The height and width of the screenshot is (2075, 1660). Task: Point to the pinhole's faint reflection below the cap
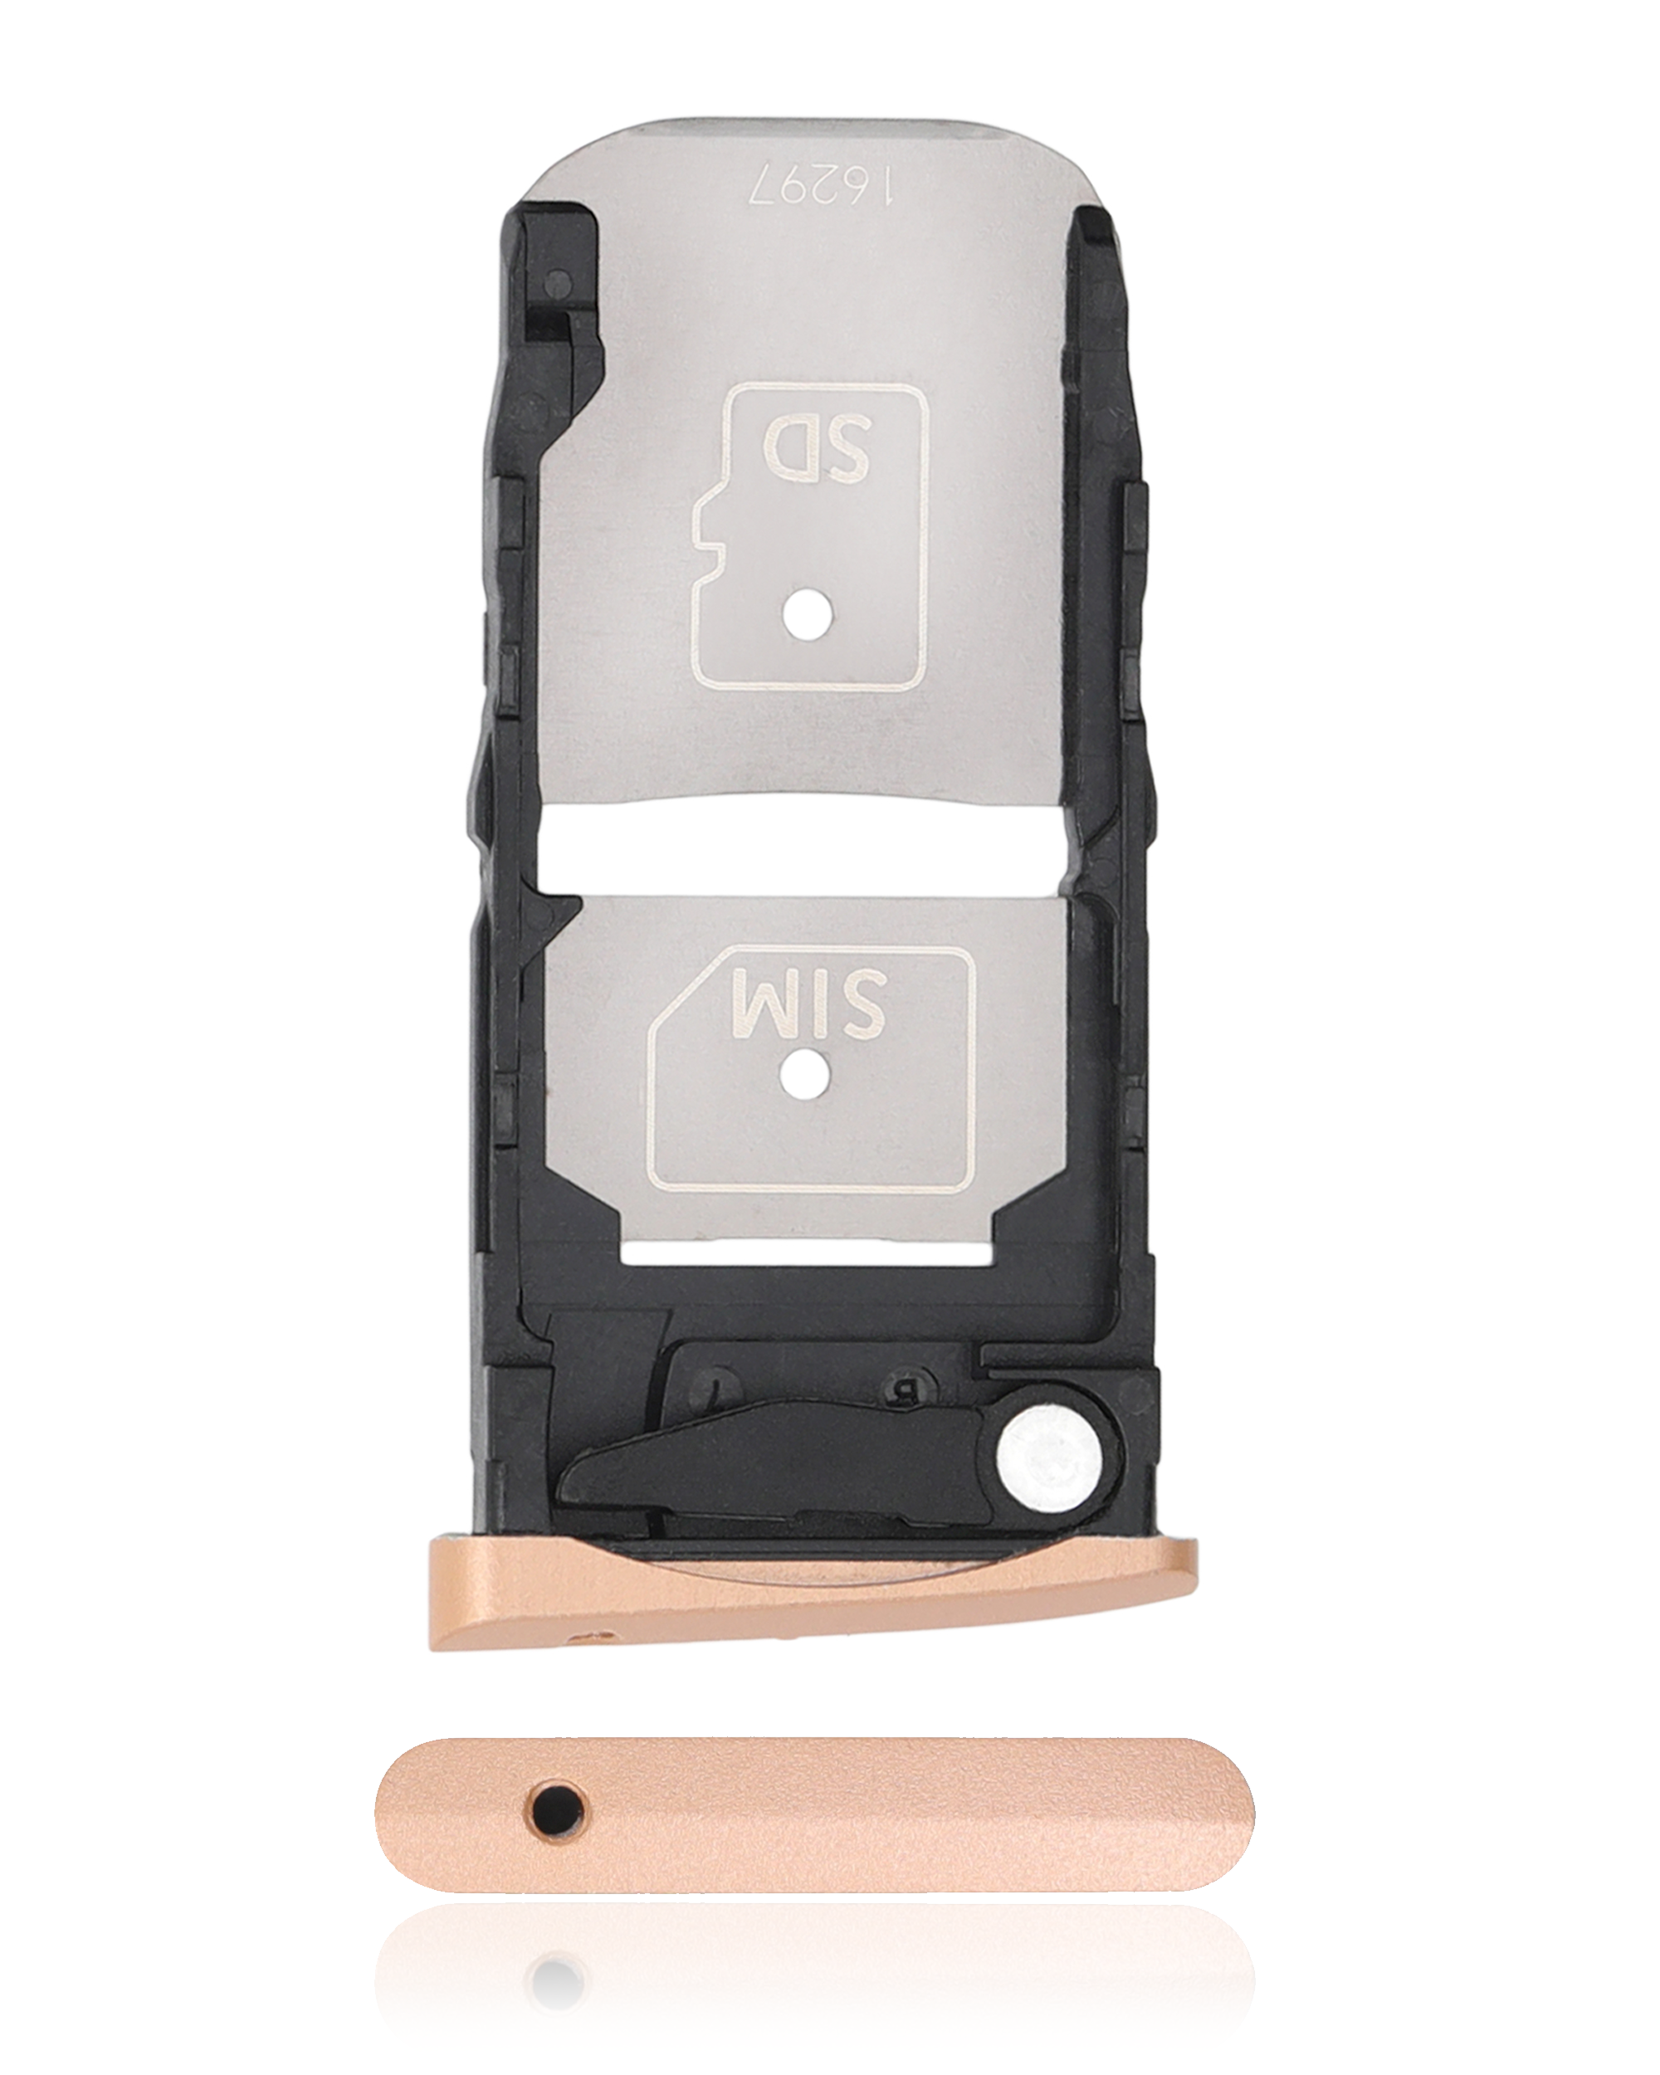(557, 1985)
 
